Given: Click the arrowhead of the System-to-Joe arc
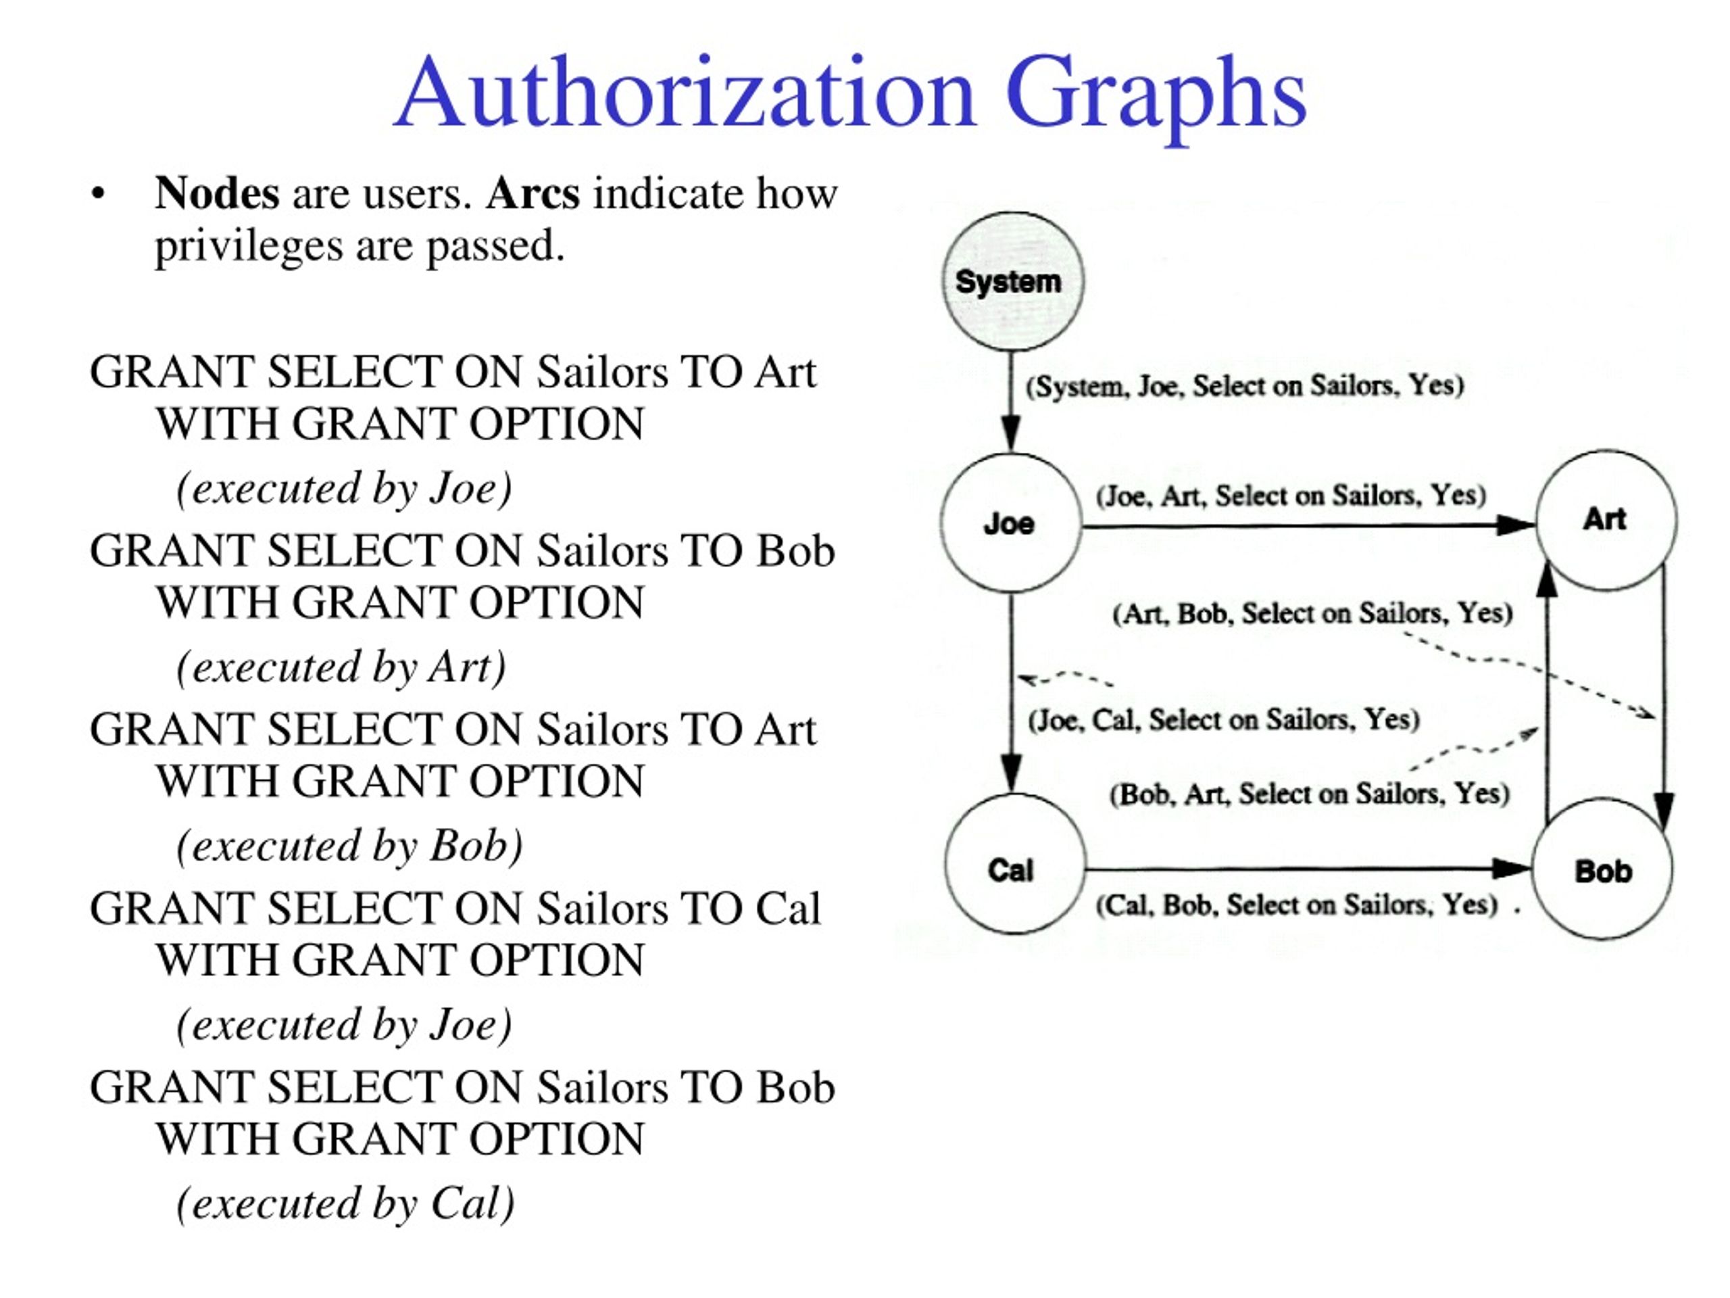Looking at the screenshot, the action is coord(1011,433).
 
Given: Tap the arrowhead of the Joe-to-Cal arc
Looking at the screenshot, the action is coord(1012,773).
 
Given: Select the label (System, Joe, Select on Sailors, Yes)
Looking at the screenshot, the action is coord(1245,386).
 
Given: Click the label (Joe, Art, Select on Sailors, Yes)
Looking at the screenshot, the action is coord(1291,496).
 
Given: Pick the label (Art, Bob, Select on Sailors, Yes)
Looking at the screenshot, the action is coord(1312,612).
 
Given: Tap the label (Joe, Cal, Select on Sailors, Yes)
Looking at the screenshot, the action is coord(1224,719).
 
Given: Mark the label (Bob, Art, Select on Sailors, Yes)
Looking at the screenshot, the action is coord(1309,794).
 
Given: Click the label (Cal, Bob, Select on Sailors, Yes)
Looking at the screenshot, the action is coord(1297,905).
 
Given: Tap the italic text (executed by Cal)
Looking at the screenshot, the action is coord(345,1203).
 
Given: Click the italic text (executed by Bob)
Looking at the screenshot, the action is coord(349,846).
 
